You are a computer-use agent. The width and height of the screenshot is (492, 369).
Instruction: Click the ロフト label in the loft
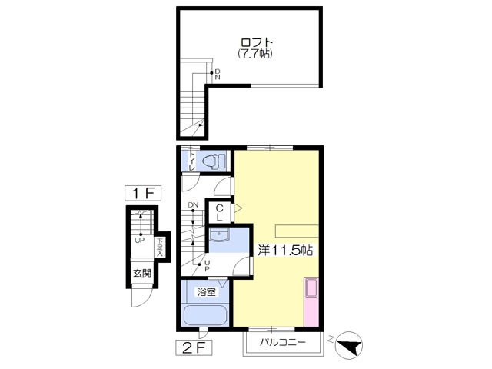click(x=256, y=43)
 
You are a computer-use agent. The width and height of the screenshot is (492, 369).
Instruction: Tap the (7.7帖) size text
click(x=254, y=54)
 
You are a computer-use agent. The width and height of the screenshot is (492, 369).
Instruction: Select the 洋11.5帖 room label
click(x=285, y=251)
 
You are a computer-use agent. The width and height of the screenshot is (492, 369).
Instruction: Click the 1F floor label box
click(x=143, y=193)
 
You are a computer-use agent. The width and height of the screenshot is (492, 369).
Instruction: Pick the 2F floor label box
click(x=194, y=347)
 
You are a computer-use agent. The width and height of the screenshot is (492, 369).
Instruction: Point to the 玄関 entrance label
click(x=142, y=274)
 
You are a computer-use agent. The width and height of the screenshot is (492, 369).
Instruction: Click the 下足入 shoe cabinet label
click(x=160, y=248)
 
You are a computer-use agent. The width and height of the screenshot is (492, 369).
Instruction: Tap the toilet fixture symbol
click(x=214, y=161)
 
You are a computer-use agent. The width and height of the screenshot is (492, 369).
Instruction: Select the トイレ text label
click(x=191, y=161)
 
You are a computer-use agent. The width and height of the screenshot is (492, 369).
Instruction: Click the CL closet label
click(x=220, y=212)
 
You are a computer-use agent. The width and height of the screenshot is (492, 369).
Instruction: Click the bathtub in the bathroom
click(x=205, y=316)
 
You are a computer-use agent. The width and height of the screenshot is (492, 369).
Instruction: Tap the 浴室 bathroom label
click(x=206, y=292)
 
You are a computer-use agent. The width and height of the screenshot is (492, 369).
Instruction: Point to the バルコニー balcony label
click(x=283, y=341)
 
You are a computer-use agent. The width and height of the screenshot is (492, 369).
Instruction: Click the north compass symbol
click(x=348, y=345)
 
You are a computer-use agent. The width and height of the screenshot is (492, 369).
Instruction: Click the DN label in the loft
click(x=218, y=75)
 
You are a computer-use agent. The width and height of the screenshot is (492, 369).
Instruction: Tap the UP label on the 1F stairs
click(x=140, y=241)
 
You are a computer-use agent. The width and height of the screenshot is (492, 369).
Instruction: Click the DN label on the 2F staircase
click(x=193, y=205)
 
